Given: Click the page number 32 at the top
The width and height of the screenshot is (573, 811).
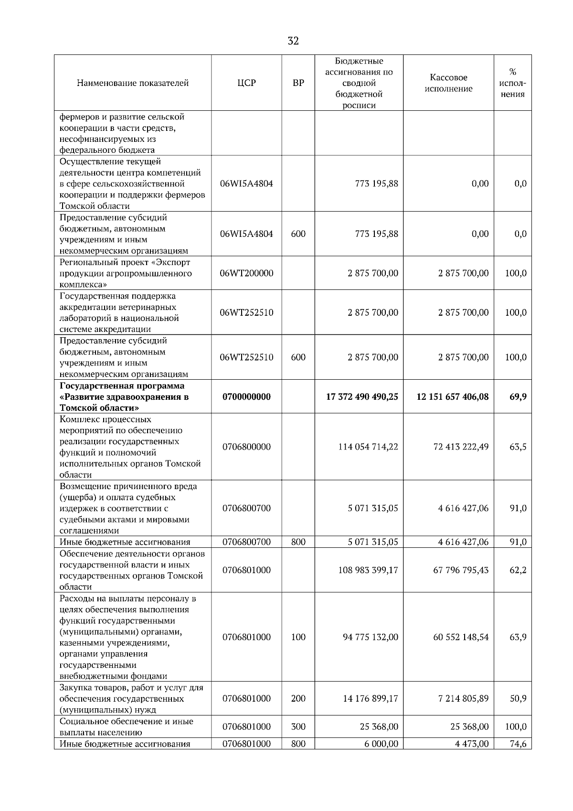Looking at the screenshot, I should pyautogui.click(x=293, y=41).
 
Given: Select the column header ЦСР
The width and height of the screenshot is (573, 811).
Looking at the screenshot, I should pyautogui.click(x=246, y=83).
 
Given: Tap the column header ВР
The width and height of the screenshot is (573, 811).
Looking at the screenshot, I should pyautogui.click(x=298, y=83).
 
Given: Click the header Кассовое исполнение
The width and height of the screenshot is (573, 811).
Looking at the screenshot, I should pyautogui.click(x=448, y=83).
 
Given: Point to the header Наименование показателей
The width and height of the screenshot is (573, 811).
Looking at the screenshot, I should pyautogui.click(x=133, y=83).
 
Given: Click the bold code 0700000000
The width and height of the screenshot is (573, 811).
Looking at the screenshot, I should pyautogui.click(x=246, y=397).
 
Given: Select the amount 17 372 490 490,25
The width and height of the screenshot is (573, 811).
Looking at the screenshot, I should pyautogui.click(x=362, y=397).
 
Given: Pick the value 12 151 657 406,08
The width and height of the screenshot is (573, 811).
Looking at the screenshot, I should pyautogui.click(x=453, y=397).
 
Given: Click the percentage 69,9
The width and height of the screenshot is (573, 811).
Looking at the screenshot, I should pyautogui.click(x=518, y=397).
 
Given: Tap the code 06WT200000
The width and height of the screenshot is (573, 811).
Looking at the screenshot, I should pyautogui.click(x=246, y=273).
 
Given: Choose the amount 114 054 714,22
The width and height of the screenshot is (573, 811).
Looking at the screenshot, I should pyautogui.click(x=368, y=447).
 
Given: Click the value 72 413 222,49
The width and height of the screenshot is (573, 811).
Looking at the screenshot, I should pyautogui.click(x=461, y=447).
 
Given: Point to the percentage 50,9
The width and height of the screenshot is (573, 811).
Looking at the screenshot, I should pyautogui.click(x=518, y=698).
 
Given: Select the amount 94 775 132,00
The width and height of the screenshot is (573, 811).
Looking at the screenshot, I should pyautogui.click(x=370, y=637).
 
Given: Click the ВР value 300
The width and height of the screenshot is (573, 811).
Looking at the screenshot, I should pyautogui.click(x=298, y=727).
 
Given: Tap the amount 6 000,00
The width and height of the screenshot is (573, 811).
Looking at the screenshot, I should pyautogui.click(x=381, y=744).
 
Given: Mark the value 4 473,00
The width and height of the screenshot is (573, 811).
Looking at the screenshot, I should pyautogui.click(x=472, y=744).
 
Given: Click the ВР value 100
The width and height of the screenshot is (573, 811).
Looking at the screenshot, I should pyautogui.click(x=298, y=637).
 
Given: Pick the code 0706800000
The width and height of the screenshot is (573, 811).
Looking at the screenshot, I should pyautogui.click(x=246, y=447).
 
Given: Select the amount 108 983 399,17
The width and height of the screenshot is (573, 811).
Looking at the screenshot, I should pyautogui.click(x=368, y=570).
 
